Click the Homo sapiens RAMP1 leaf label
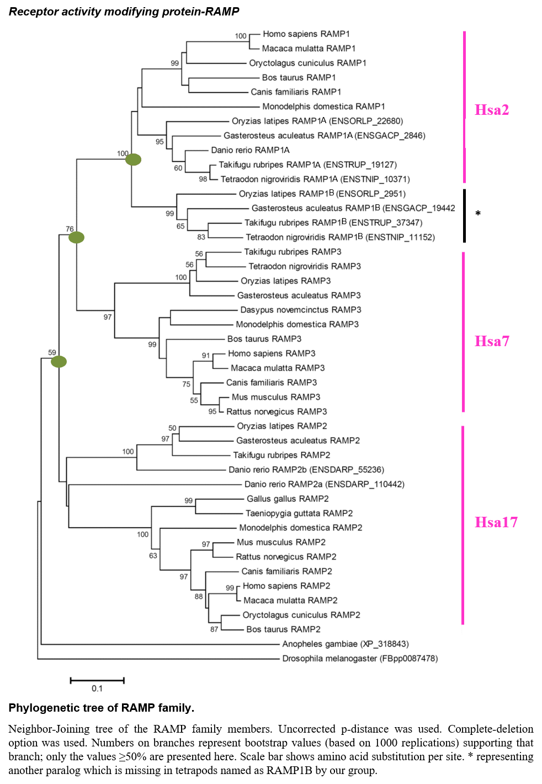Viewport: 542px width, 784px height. pos(306,34)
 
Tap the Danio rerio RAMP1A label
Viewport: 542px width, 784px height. pos(250,150)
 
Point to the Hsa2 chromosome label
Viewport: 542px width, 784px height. pos(492,110)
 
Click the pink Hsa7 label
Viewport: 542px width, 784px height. pos(492,341)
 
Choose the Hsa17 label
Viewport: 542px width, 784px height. pos(496,522)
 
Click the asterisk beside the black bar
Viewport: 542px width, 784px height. pos(478,214)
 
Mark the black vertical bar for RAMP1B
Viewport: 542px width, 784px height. pos(464,215)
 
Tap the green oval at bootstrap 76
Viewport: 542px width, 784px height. pos(76,237)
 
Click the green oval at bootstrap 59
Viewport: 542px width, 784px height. pos(59,362)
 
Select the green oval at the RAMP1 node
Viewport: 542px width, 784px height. pos(134,160)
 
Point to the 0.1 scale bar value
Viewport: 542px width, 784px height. pos(97,688)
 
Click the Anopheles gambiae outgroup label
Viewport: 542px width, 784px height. pos(346,644)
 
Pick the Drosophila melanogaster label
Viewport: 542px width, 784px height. pos(360,659)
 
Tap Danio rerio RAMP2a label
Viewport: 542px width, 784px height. pos(325,484)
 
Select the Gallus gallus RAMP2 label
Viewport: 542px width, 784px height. pos(288,499)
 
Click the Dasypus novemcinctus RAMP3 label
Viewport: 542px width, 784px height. pos(301,310)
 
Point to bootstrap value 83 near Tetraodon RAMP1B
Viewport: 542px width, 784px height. pos(201,237)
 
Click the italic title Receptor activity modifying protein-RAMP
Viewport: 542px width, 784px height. pos(124,12)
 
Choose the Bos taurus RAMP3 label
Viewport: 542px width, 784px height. pos(264,339)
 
